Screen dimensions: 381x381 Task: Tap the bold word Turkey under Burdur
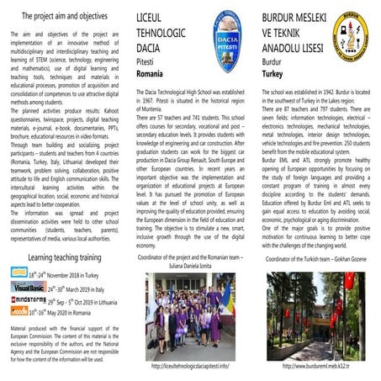click(x=273, y=74)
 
